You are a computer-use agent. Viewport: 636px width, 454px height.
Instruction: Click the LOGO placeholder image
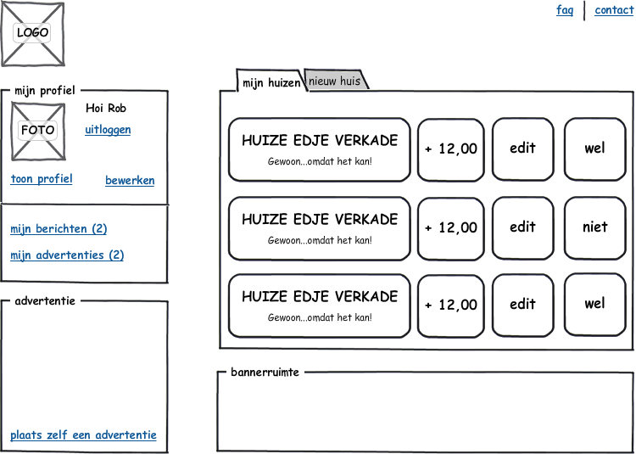click(32, 33)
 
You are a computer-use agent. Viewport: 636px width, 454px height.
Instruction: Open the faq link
click(565, 10)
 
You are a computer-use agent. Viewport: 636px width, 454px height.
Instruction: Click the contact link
click(614, 10)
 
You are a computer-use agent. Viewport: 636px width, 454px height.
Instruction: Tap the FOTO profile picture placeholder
click(37, 131)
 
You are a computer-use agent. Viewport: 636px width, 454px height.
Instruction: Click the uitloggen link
click(108, 130)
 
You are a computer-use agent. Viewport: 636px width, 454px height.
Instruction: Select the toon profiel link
click(42, 179)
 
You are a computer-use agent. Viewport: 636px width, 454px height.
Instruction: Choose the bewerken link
click(130, 181)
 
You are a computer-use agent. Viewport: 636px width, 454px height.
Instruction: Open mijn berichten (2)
click(59, 229)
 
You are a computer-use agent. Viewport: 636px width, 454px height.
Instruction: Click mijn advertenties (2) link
click(67, 255)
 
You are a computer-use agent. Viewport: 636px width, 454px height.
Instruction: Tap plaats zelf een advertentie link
click(83, 435)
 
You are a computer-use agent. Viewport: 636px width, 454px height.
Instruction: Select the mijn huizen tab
click(271, 82)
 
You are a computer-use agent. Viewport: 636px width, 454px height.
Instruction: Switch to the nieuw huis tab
click(335, 81)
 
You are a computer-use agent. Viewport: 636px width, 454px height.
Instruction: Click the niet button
click(595, 227)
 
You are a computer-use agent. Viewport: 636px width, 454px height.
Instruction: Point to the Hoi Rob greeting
click(106, 108)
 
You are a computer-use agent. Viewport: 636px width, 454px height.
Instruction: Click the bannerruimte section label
click(265, 372)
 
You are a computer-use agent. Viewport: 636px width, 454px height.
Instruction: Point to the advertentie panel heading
click(45, 300)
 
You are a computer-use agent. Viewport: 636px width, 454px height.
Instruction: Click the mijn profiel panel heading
click(45, 90)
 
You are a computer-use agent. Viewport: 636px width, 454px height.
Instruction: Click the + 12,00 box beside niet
click(451, 227)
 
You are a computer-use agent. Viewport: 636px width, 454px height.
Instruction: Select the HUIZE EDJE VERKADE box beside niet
click(319, 227)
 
